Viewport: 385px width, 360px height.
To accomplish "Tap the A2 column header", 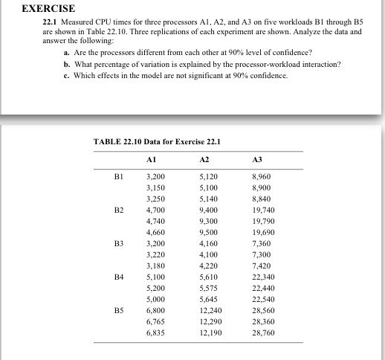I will coord(206,158).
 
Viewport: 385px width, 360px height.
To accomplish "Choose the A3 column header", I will coord(258,158).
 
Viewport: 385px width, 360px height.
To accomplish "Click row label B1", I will coord(118,178).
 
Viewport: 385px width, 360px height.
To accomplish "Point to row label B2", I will coord(118,211).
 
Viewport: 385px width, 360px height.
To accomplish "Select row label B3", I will coord(118,244).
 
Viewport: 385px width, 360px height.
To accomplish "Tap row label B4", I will coord(118,277).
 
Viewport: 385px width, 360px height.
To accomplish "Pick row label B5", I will coord(118,309).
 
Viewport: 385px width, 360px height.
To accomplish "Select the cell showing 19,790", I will coord(264,222).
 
